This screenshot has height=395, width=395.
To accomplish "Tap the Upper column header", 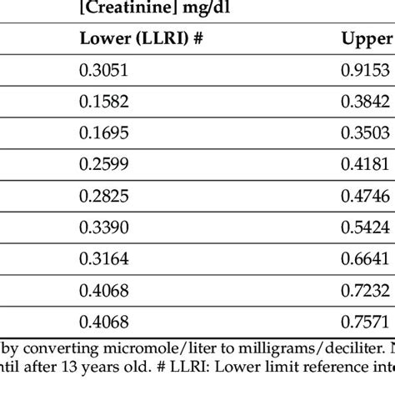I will (x=367, y=39).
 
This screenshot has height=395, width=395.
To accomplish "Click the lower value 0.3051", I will (x=103, y=71).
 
